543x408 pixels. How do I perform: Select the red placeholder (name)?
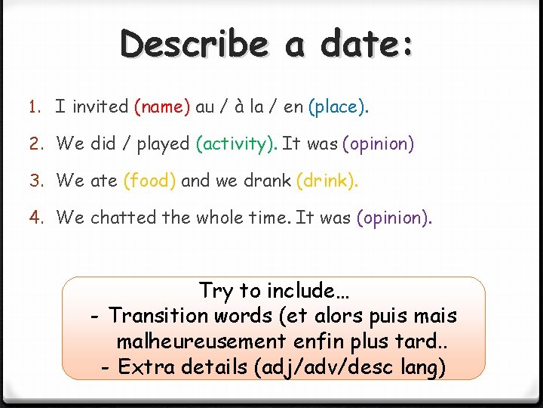tap(162, 107)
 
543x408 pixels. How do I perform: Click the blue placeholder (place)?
tap(336, 107)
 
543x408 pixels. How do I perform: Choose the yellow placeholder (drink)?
tap(327, 181)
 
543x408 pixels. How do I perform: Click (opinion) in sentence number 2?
tap(378, 144)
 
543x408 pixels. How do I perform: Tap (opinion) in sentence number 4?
tap(394, 218)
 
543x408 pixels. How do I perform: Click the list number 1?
tap(35, 107)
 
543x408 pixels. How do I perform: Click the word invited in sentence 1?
tap(101, 107)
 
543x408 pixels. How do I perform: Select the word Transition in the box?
tap(158, 315)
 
